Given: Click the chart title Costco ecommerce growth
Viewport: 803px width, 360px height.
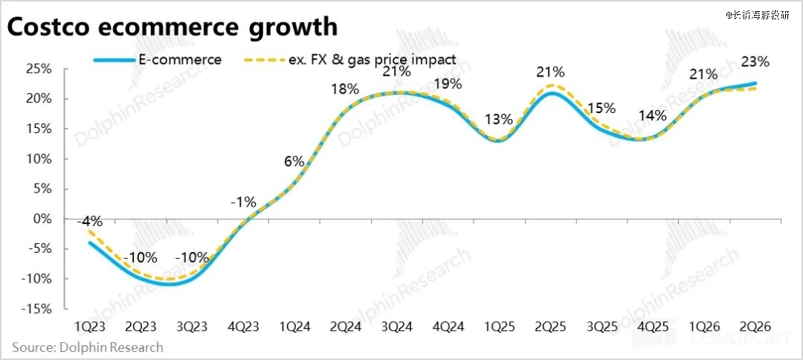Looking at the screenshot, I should [x=172, y=28].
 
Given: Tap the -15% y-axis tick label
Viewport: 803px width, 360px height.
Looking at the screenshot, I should [x=36, y=309].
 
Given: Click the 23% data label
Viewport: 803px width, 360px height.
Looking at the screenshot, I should [x=755, y=62].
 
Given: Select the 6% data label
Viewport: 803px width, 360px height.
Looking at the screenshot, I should [x=294, y=161].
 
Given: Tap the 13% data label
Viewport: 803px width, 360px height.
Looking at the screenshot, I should [x=498, y=118].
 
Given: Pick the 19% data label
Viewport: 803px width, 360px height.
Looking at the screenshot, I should [x=447, y=83].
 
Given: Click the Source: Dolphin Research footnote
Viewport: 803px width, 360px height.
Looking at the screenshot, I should [x=87, y=347].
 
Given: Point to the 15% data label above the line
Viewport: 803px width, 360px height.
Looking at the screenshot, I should [x=601, y=109].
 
